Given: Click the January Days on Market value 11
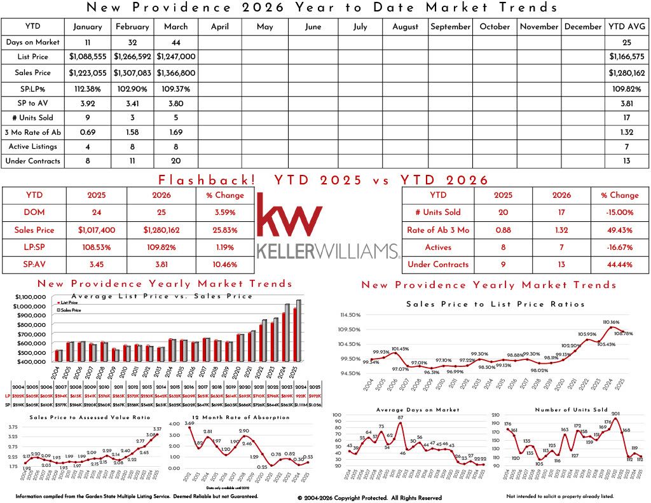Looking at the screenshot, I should pos(87,42).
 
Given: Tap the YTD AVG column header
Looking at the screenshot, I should pos(626,27).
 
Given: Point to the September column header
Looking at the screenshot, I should pos(450,27).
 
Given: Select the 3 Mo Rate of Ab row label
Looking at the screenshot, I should pos(32,132).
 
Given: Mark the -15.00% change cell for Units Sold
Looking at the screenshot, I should pos(620,212).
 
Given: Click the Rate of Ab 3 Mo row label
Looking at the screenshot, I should pos(438,230).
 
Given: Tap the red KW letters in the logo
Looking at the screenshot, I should pos(289,216).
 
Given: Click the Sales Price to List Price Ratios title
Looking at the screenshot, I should pos(495,305).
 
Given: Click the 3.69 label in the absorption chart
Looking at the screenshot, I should pos(189,423).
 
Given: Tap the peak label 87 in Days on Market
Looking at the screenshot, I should pos(401,417).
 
